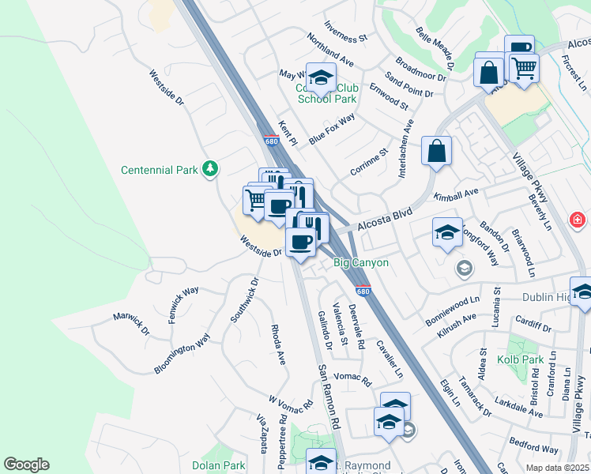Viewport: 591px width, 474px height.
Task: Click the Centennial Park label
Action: [x=160, y=170]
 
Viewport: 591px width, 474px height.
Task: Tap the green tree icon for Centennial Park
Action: [x=209, y=168]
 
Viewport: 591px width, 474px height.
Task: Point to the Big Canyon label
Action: [x=360, y=262]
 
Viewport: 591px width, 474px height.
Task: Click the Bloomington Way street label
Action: [x=183, y=353]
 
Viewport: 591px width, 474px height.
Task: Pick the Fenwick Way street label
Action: [x=183, y=301]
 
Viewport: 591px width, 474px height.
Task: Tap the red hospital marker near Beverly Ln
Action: [x=578, y=218]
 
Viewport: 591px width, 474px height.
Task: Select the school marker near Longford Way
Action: [x=447, y=232]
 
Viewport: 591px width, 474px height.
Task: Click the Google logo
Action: [x=26, y=465]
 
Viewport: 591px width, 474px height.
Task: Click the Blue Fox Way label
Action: [x=332, y=130]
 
